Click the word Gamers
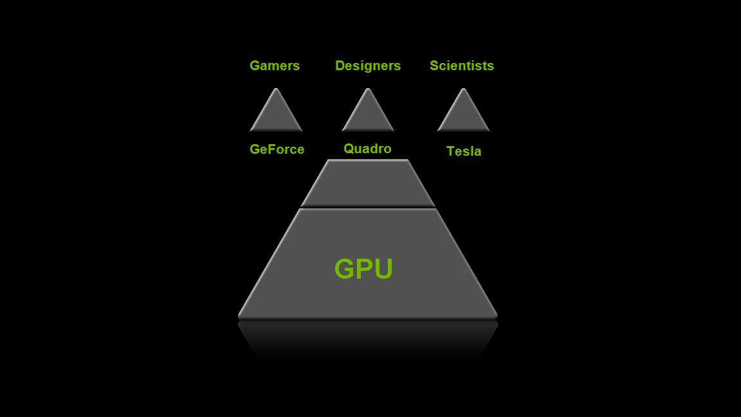(275, 66)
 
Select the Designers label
(368, 66)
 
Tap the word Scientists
(462, 66)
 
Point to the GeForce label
(277, 149)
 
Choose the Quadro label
(367, 149)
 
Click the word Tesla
(464, 151)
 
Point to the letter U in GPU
(383, 269)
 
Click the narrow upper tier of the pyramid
(368, 183)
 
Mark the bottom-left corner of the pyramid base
(239, 317)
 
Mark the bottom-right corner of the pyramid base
(497, 317)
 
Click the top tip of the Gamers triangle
(276, 88)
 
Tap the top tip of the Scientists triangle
(463, 88)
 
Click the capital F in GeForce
(273, 149)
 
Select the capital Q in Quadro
(349, 149)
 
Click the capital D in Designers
(340, 66)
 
